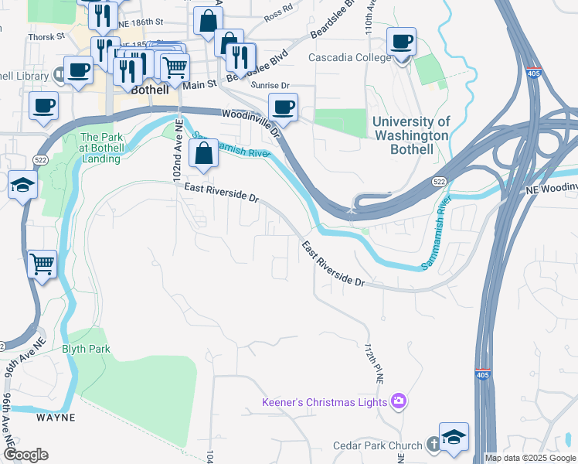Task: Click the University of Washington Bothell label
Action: click(x=410, y=135)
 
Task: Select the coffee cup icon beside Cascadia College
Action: click(x=401, y=42)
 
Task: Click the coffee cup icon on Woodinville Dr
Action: click(x=283, y=107)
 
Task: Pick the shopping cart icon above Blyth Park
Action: click(x=42, y=264)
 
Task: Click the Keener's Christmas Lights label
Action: click(x=325, y=402)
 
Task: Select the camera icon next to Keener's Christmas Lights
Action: click(x=399, y=401)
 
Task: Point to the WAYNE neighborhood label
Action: click(x=56, y=418)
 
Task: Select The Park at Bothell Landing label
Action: click(x=101, y=148)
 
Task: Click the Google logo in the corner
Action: click(x=25, y=455)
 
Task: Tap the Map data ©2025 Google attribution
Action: click(x=530, y=458)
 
